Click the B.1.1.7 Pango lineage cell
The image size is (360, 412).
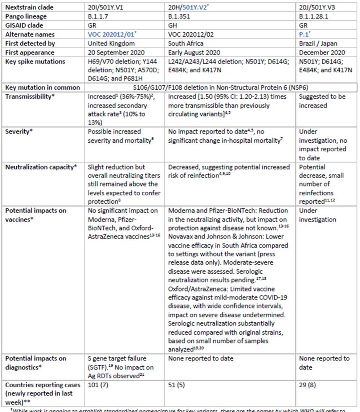(x=98, y=16)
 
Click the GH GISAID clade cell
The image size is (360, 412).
(x=173, y=25)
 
